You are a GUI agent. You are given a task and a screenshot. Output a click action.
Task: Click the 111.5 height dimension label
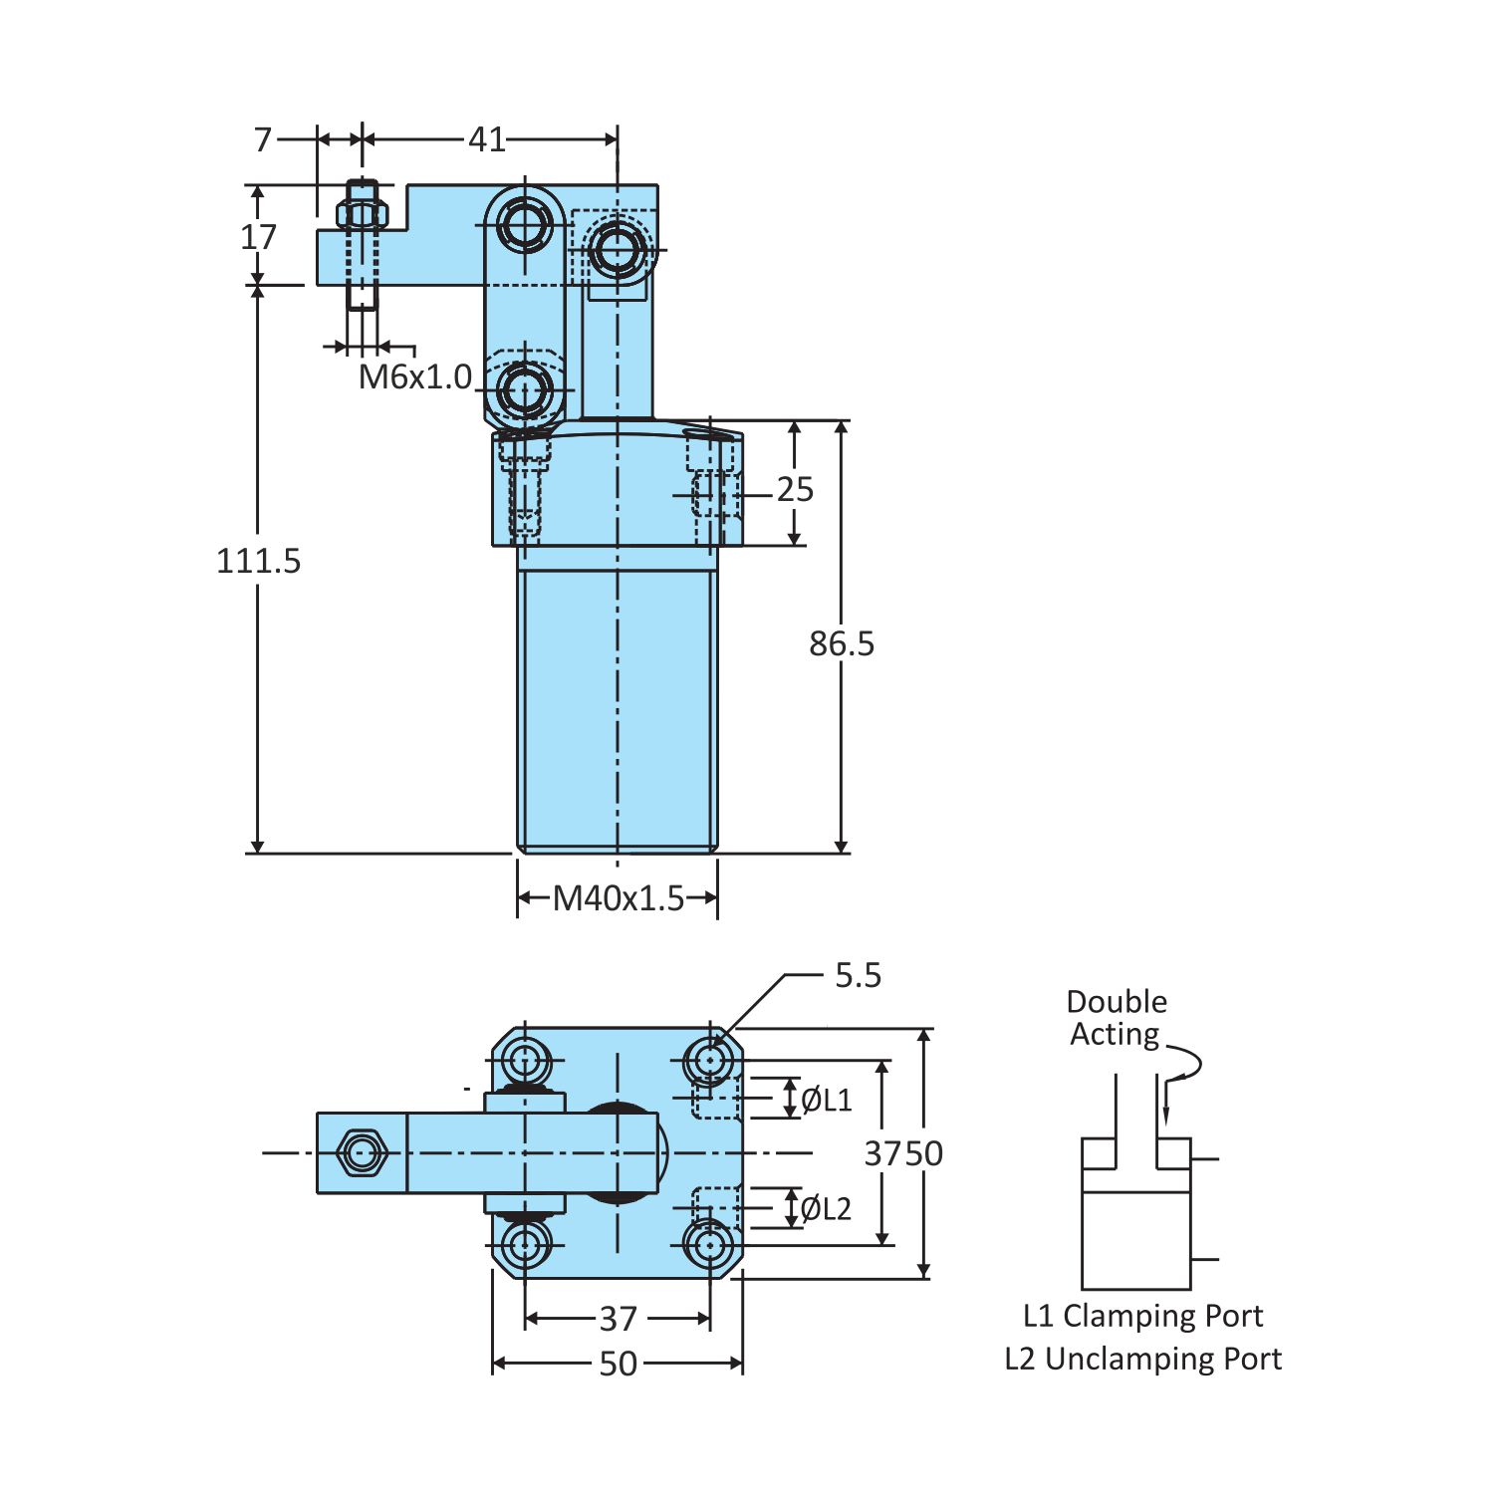point(258,561)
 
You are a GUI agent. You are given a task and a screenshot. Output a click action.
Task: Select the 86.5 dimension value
point(842,643)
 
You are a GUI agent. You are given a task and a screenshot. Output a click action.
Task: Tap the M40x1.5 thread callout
point(618,898)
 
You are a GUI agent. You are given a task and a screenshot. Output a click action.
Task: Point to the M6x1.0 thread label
point(414,376)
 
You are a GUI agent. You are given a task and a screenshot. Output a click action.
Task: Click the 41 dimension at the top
point(487,139)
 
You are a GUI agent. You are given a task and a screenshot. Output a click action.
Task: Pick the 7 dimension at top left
point(263,139)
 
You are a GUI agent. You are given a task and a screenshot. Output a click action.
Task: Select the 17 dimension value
point(258,237)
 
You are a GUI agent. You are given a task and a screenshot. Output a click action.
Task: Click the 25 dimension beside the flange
point(795,489)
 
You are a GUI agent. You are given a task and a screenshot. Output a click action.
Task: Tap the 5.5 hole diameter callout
point(858,975)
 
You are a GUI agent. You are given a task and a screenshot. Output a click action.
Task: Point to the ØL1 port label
point(827,1100)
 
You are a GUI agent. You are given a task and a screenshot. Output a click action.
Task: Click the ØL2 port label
point(826,1209)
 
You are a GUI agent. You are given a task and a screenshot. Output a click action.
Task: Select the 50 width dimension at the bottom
point(618,1364)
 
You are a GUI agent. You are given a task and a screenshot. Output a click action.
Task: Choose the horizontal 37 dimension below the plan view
point(618,1319)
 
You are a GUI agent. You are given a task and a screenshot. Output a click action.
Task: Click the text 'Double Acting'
point(1116,1018)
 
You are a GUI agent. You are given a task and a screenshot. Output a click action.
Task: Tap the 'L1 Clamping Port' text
point(1142,1316)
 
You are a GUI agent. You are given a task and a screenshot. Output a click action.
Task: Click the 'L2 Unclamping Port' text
point(1142,1359)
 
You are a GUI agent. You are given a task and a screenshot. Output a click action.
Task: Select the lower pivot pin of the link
point(524,389)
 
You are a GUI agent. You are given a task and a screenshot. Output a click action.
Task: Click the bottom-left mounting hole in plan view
point(524,1245)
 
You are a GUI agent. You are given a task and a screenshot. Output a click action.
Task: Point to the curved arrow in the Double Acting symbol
point(1184,1068)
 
